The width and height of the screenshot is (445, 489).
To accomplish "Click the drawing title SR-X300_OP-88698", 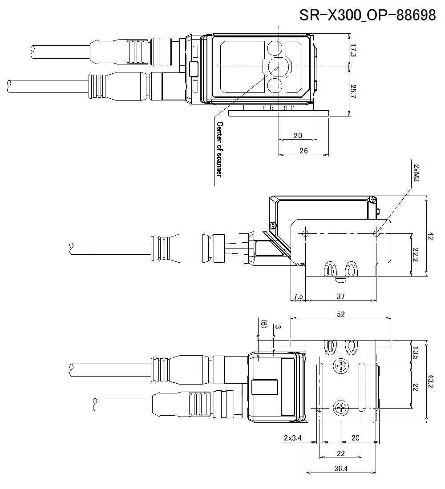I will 368,15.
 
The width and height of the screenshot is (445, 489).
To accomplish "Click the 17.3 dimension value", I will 353,50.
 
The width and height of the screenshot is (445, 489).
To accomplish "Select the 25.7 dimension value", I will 353,91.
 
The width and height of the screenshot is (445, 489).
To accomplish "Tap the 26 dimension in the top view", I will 303,151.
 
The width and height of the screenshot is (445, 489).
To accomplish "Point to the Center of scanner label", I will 219,148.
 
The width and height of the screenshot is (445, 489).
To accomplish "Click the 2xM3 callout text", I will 416,172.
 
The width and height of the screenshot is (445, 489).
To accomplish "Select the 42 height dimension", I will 430,236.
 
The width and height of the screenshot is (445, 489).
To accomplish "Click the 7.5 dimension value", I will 298,296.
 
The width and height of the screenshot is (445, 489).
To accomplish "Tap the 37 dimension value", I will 341,296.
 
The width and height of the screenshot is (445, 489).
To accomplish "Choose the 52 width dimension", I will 341,314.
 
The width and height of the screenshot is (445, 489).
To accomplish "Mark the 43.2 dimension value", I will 430,381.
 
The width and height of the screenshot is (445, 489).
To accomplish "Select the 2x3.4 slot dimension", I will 293,438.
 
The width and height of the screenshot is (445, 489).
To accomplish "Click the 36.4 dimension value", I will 341,469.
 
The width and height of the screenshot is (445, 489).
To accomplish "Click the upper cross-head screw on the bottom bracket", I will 341,366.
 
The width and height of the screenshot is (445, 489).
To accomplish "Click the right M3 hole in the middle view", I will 376,233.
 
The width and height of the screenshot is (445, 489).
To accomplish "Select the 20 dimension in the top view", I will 298,135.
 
